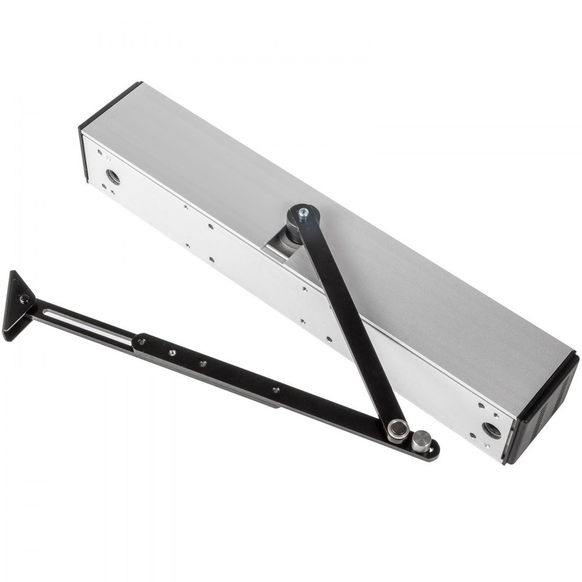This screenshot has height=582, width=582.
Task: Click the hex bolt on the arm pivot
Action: [x=303, y=214]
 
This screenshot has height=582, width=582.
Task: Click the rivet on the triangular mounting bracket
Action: [x=24, y=299]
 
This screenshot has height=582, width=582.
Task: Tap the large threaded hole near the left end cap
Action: [x=113, y=176]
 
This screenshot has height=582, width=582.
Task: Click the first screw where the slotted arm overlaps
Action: [x=141, y=342]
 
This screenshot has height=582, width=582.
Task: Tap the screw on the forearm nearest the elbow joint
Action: [x=275, y=390]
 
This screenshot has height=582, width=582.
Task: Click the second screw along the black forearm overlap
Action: [x=172, y=353]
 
